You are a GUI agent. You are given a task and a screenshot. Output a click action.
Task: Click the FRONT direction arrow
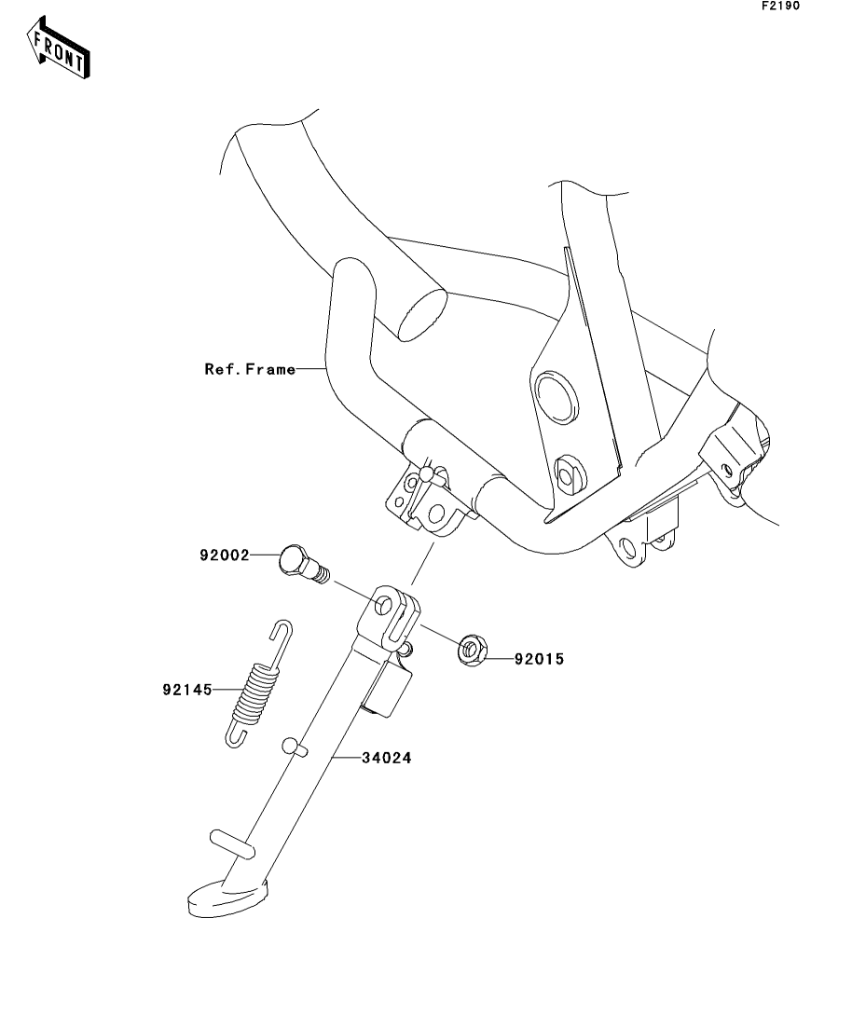58,48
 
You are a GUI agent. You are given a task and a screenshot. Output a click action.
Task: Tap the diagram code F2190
780,6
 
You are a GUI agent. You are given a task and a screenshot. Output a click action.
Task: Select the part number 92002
225,555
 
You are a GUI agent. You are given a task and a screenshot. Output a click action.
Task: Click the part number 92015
539,659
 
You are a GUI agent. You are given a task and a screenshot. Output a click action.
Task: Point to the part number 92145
187,690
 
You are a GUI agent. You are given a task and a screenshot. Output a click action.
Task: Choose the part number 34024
387,758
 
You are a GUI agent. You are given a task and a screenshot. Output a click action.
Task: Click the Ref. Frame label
250,369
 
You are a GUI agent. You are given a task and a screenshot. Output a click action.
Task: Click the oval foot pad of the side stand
227,898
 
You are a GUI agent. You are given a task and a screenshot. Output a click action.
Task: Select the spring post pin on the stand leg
294,747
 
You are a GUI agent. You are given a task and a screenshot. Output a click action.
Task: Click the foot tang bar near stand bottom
231,843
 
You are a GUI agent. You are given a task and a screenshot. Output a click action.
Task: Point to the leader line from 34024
347,757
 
